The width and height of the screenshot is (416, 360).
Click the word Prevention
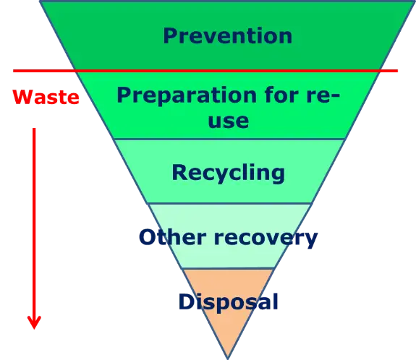coord(228,36)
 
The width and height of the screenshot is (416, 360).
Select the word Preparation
coord(187,95)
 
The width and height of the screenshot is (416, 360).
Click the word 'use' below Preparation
coord(229,121)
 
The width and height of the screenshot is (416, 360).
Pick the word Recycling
coord(229,173)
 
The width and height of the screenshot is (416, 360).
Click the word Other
coord(173,236)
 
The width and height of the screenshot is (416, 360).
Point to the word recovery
coord(266,239)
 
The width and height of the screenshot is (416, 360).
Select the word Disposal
coord(229,302)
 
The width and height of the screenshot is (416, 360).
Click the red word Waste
coord(46,97)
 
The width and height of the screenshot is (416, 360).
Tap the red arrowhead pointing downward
coord(34,322)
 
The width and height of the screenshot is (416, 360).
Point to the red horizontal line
coord(205,71)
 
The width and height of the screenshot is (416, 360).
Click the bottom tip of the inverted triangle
coord(228,359)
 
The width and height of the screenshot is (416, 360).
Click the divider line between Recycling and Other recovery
coord(229,204)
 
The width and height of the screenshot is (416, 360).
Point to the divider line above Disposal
coord(228,269)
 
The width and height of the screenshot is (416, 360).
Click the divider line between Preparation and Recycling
coord(229,139)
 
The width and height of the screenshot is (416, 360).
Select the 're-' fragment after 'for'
coord(323,95)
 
